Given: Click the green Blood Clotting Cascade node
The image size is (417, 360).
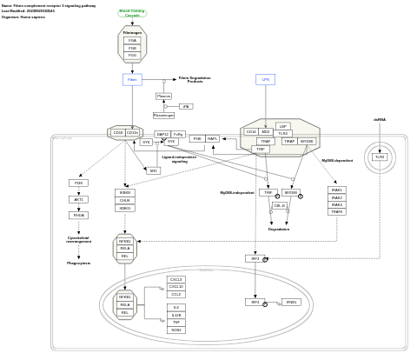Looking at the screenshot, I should [x=132, y=13].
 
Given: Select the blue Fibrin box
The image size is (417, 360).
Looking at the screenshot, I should [x=132, y=79].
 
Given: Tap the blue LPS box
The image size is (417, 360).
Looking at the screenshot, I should [x=266, y=79].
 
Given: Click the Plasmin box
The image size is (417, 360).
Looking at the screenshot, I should [x=163, y=96].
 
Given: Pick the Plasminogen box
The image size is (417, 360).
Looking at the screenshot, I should [x=163, y=115].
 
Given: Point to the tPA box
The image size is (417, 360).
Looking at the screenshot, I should [x=186, y=106].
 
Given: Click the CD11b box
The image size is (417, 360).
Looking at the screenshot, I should [x=132, y=133].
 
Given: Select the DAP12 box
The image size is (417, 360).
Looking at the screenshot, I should [x=162, y=134].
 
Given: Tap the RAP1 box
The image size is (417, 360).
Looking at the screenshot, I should [x=213, y=138].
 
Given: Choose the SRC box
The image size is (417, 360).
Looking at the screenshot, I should [x=154, y=170].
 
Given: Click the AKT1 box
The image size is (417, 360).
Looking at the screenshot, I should [x=78, y=199].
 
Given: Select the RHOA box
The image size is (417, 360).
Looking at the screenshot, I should [x=78, y=215].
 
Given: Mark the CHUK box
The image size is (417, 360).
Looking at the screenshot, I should [x=125, y=200].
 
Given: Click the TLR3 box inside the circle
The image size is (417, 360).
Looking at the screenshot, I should [x=380, y=157].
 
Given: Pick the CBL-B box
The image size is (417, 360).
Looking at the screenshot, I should [x=280, y=206].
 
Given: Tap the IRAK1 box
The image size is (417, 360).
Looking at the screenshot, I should [x=336, y=190].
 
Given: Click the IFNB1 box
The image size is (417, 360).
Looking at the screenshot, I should [x=291, y=303].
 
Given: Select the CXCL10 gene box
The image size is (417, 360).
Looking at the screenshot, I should [x=176, y=287].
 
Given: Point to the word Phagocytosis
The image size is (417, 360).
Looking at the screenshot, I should [x=78, y=263].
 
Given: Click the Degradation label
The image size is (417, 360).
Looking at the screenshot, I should [x=279, y=230].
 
